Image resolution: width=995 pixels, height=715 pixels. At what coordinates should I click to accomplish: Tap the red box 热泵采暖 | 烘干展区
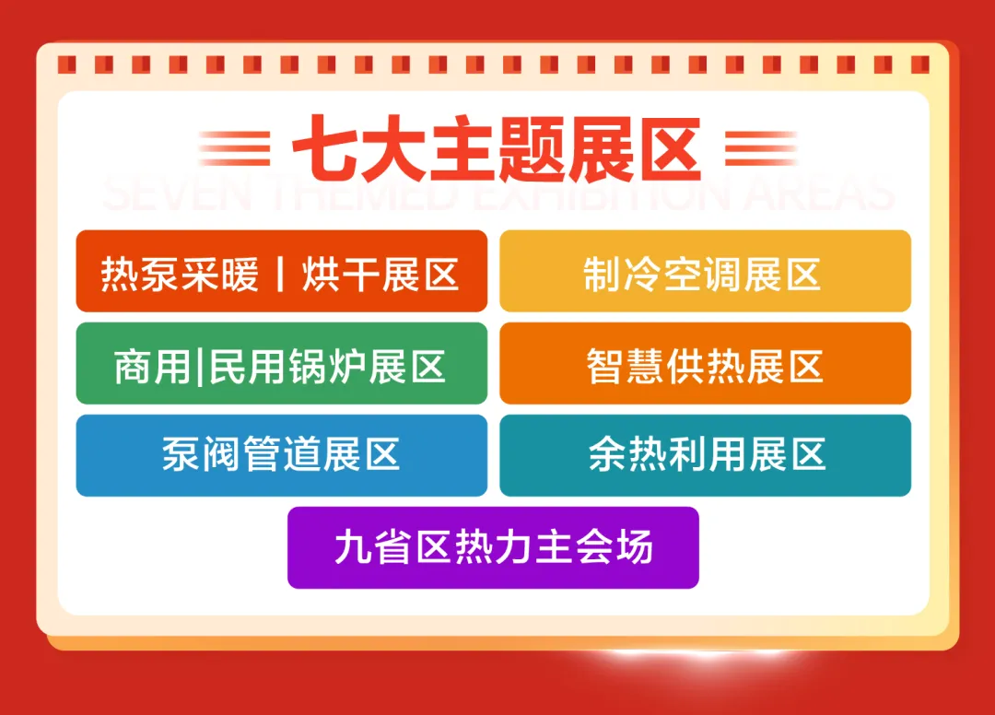click(x=281, y=271)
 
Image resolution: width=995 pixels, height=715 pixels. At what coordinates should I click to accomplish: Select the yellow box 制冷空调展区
click(x=705, y=271)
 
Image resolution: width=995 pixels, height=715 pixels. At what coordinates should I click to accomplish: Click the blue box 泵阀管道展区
click(x=281, y=455)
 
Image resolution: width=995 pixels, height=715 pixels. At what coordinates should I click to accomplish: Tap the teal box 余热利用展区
click(x=705, y=455)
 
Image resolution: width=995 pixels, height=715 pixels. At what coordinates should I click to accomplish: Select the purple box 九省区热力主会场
click(x=493, y=547)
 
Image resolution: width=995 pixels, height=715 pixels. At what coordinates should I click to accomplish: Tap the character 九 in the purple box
click(x=350, y=547)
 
